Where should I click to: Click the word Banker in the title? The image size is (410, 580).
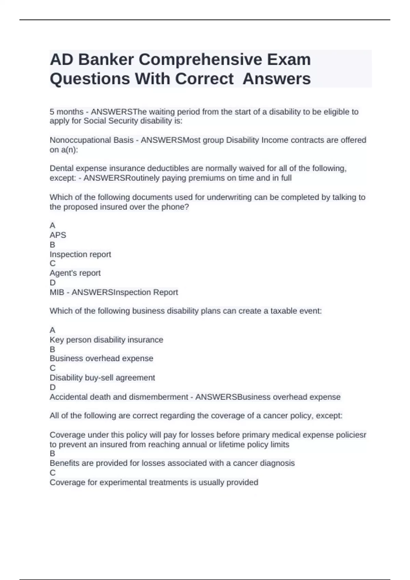click(106, 60)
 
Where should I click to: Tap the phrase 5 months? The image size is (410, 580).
click(67, 112)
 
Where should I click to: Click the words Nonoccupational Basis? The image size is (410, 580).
click(92, 140)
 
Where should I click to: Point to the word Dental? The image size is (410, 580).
click(61, 168)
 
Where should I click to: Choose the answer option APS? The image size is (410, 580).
click(58, 235)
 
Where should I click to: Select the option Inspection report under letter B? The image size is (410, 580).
click(80, 254)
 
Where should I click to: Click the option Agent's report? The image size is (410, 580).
click(75, 273)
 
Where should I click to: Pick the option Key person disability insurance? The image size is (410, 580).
click(106, 340)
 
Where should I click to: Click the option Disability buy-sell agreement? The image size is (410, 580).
click(102, 378)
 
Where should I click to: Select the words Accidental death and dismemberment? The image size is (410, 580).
click(119, 397)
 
